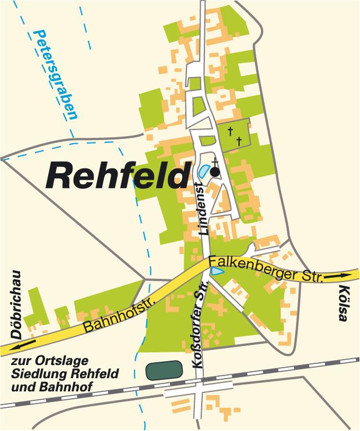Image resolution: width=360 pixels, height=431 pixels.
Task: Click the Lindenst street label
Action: pyautogui.click(x=201, y=209)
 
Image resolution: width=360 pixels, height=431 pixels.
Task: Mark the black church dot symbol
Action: pyautogui.click(x=215, y=172)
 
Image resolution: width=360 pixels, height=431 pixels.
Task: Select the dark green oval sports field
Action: pyautogui.click(x=164, y=370)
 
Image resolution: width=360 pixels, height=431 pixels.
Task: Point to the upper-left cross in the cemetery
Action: pyautogui.click(x=230, y=130)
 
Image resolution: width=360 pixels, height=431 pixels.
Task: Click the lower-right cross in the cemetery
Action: pyautogui.click(x=239, y=140)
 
